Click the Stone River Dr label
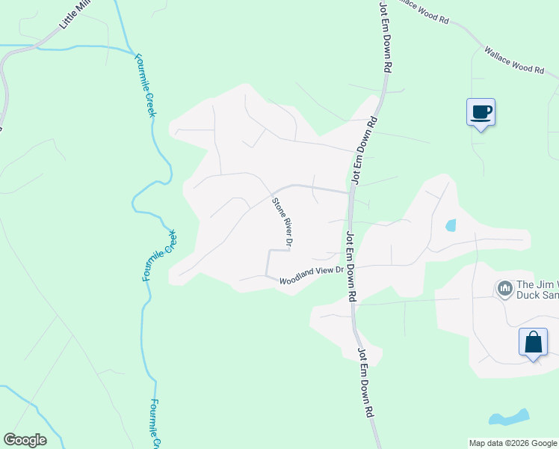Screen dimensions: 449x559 coord(282,222)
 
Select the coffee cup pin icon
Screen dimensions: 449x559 coord(481,113)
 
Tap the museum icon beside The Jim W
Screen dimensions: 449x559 coord(504,288)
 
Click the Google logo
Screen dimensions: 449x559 coord(25,440)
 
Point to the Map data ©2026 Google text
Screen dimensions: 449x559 coord(512,443)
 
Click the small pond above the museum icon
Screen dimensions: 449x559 coord(450,224)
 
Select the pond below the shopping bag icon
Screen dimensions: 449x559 coord(509,418)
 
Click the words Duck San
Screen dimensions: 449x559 coord(537,295)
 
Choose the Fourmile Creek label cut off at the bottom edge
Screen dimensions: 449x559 coord(152,424)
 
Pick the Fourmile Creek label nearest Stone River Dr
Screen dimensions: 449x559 coord(159,255)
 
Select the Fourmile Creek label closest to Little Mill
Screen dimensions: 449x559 coord(144,84)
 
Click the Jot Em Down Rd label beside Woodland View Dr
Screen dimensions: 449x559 coord(350,265)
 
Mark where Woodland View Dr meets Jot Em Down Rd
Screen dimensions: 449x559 coord(351,266)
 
